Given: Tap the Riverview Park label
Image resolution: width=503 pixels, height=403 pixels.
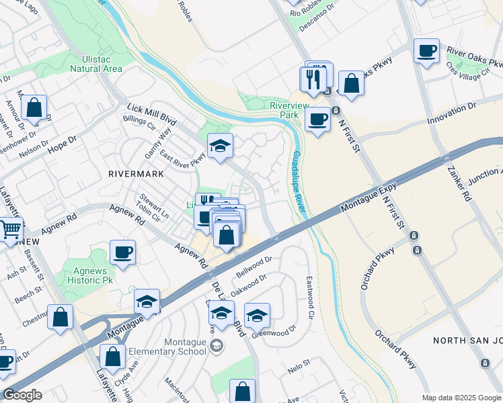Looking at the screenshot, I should [288, 110].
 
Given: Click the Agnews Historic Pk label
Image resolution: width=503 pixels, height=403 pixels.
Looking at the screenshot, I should [85, 275].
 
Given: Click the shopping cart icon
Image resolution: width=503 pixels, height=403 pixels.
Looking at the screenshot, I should [9, 230].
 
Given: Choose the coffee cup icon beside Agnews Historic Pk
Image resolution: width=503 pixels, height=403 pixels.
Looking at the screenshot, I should [122, 253].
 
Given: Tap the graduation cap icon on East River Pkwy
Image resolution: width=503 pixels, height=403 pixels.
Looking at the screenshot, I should [219, 146].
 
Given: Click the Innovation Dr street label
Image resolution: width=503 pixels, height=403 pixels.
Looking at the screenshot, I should [452, 111].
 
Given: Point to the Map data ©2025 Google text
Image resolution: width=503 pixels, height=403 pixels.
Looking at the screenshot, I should [461, 398].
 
